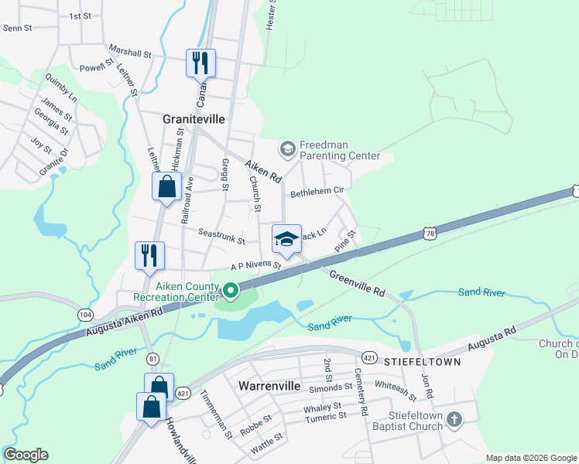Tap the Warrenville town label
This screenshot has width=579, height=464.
(x=269, y=384)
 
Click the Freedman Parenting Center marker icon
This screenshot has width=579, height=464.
(x=287, y=148)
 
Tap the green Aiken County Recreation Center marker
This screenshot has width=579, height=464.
(x=231, y=292)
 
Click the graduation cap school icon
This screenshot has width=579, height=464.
(x=286, y=238)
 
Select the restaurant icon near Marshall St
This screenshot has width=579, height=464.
(x=200, y=63)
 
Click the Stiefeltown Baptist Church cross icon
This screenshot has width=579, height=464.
(x=454, y=420)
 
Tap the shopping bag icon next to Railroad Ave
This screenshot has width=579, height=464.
(x=166, y=186)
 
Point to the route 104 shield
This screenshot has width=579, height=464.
(x=85, y=313)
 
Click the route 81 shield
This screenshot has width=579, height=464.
(x=153, y=358)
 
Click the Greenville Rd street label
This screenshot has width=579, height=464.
(x=357, y=283)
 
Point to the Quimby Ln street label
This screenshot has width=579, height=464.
(x=61, y=89)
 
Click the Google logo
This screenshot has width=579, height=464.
(x=26, y=455)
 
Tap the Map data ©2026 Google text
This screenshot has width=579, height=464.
(x=529, y=458)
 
